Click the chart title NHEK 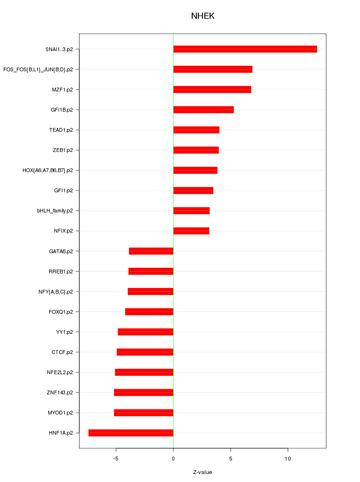click(x=202, y=16)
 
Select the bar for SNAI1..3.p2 click(x=245, y=49)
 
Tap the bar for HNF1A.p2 click(x=131, y=433)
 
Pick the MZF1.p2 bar click(x=212, y=90)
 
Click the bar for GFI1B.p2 click(x=203, y=110)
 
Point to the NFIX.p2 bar click(x=191, y=231)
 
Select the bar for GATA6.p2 click(x=151, y=251)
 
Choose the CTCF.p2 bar click(x=145, y=352)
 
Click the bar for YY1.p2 click(x=145, y=332)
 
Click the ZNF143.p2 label click(x=60, y=392)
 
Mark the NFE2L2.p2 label click(x=60, y=372)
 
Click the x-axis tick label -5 click(x=116, y=458)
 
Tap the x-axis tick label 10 click(x=288, y=458)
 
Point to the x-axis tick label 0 click(x=173, y=458)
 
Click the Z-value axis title click(x=202, y=472)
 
